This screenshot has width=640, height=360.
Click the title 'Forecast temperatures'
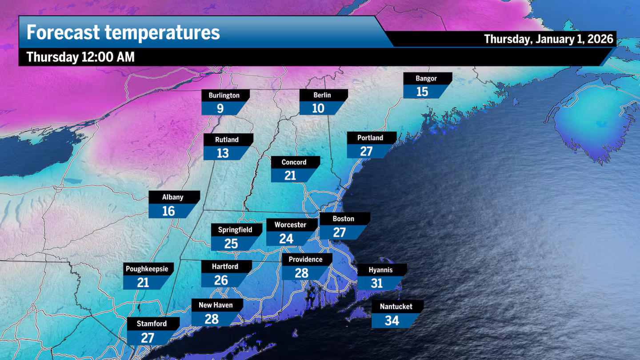pyautogui.click(x=123, y=32)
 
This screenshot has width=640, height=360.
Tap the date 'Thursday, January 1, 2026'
pyautogui.click(x=548, y=39)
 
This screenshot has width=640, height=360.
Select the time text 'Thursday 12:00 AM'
pyautogui.click(x=80, y=57)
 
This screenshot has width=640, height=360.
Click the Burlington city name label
pyautogui.click(x=224, y=95)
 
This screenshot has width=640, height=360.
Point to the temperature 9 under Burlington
pyautogui.click(x=220, y=108)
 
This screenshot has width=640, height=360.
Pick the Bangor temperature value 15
pyautogui.click(x=422, y=92)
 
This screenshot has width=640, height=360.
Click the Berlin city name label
pyautogui.click(x=322, y=95)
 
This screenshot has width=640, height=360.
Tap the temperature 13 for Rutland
pyautogui.click(x=223, y=153)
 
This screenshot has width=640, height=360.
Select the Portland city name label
pyautogui.click(x=370, y=138)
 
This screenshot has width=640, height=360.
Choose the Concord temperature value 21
pyautogui.click(x=290, y=176)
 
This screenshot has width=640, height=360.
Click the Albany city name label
pyautogui.click(x=172, y=197)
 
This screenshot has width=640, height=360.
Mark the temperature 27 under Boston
pyautogui.click(x=340, y=232)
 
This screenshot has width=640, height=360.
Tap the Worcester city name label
pyautogui.click(x=290, y=225)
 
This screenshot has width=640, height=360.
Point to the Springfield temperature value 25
pyautogui.click(x=231, y=244)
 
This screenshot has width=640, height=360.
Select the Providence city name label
pyautogui.click(x=305, y=260)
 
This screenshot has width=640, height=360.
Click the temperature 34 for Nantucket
pyautogui.click(x=392, y=320)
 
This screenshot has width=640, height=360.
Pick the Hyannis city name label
pyautogui.click(x=381, y=270)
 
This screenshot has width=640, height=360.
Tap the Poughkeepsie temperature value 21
pyautogui.click(x=143, y=283)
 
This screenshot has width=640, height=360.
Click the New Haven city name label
pyautogui.click(x=216, y=305)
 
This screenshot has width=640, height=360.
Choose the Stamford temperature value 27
pyautogui.click(x=148, y=338)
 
